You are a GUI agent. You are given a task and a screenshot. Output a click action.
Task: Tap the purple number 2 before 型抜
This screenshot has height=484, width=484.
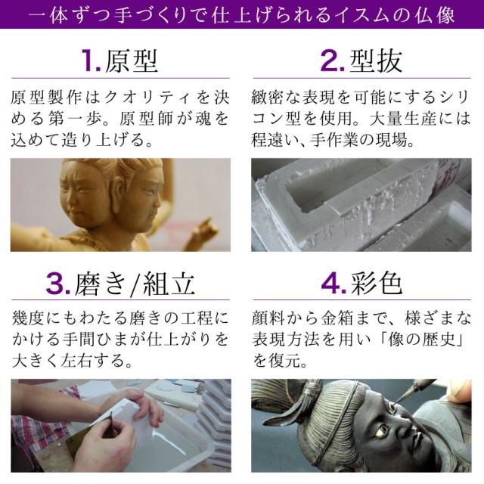click(x=332, y=60)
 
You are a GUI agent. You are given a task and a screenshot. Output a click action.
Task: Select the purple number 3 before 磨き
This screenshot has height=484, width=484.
click(x=58, y=283)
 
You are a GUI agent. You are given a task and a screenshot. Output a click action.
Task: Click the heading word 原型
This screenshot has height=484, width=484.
click(x=132, y=60)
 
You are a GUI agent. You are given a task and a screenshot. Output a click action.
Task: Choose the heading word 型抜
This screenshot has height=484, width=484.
click(x=376, y=60)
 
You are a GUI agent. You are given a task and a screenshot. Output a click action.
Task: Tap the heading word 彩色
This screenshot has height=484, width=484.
click(x=377, y=283)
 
